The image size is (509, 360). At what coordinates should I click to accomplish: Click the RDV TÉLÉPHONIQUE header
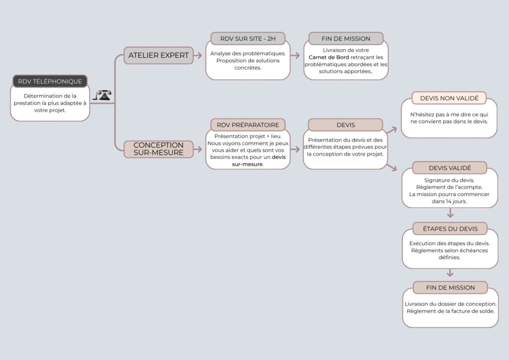(x=50, y=81)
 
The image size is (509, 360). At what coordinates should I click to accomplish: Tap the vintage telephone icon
(x=103, y=95)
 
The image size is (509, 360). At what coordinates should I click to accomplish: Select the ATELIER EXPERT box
(x=158, y=55)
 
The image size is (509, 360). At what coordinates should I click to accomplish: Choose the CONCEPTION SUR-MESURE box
(x=158, y=149)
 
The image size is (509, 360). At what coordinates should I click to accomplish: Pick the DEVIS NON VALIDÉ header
(x=449, y=98)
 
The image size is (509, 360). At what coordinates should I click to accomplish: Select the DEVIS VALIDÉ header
(x=449, y=168)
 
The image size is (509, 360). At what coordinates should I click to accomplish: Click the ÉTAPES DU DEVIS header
(x=449, y=229)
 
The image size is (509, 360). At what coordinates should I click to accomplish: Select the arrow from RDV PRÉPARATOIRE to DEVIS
(x=297, y=149)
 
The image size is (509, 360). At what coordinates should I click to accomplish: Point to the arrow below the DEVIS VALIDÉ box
(x=450, y=214)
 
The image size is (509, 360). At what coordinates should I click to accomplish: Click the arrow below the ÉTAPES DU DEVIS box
(x=450, y=273)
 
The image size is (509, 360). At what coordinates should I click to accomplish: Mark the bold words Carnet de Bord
(x=329, y=57)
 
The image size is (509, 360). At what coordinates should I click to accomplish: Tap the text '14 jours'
(x=461, y=202)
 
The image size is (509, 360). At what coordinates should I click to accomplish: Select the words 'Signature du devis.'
(x=449, y=180)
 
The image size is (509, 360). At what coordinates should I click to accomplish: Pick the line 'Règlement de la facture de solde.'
(x=450, y=311)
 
